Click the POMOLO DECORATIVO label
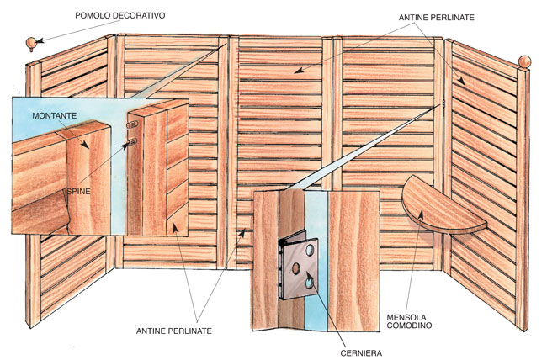[120, 15]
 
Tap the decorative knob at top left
[30, 43]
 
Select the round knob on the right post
[524, 61]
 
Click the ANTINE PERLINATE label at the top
[437, 17]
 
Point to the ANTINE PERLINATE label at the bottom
[173, 331]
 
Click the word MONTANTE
[55, 115]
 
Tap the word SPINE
[78, 191]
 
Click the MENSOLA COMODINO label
[409, 321]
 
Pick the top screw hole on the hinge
[310, 250]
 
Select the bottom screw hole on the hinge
[310, 283]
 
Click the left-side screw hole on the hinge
[296, 268]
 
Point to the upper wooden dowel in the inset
[133, 124]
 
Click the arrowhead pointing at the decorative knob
[40, 41]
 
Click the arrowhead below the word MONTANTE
[85, 144]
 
